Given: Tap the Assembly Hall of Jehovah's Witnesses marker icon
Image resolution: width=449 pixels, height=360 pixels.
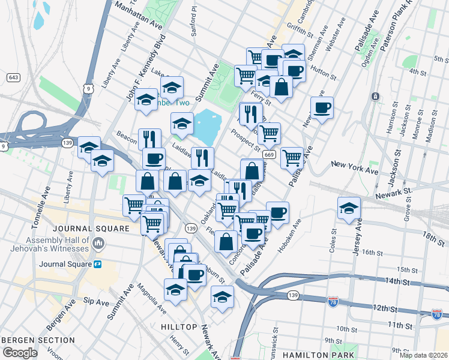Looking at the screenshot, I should [100, 244].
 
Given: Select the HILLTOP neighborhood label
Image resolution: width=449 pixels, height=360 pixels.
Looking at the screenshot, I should [179, 327].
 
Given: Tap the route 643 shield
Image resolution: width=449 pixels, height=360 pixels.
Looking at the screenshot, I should [13, 77].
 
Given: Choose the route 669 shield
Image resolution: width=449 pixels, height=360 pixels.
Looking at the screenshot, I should [268, 155].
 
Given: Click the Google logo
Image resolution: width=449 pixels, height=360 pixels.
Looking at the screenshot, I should [19, 353].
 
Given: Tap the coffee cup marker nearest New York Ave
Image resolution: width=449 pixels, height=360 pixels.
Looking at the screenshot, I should [321, 107].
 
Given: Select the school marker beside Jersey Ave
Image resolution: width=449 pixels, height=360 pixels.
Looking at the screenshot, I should [349, 208].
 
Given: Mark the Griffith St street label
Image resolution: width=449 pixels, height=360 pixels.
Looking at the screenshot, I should [300, 27].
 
